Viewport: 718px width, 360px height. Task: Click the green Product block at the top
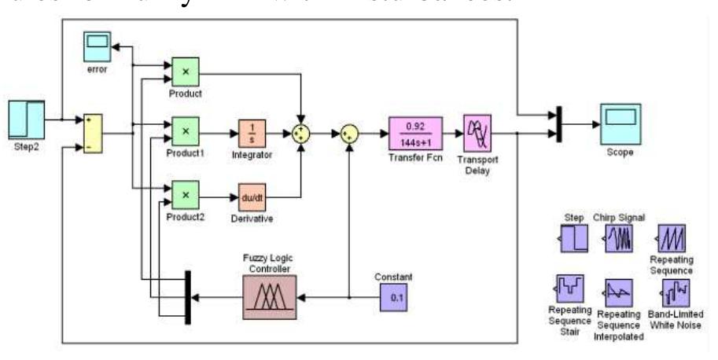[185, 72]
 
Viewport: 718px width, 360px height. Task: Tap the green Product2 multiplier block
[185, 193]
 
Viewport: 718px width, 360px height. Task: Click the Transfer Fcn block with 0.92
[415, 132]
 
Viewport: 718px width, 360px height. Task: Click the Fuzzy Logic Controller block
[270, 297]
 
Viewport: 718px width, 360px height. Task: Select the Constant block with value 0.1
[394, 297]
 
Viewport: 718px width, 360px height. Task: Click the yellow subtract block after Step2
[93, 133]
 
